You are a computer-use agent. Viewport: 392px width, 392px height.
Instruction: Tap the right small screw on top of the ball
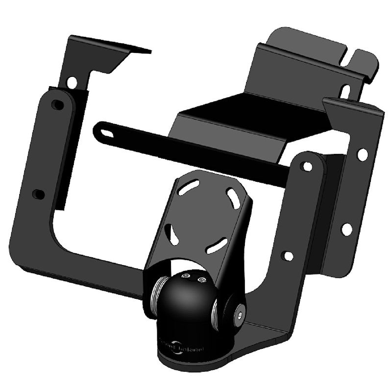pyautogui.click(x=200, y=279)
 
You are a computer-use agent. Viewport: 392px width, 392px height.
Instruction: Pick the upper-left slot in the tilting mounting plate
pyautogui.click(x=189, y=187)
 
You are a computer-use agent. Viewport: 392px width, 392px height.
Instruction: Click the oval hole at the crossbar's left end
pyautogui.click(x=103, y=132)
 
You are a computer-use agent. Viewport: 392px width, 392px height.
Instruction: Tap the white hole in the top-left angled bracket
pyautogui.click(x=72, y=82)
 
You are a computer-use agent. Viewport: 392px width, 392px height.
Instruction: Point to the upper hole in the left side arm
pyautogui.click(x=57, y=104)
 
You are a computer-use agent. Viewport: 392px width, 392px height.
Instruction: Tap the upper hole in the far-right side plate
pyautogui.click(x=362, y=154)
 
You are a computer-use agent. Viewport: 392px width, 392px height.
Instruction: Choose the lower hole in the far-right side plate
pyautogui.click(x=346, y=229)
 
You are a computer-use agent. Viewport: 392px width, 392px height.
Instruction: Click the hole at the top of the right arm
pyautogui.click(x=307, y=166)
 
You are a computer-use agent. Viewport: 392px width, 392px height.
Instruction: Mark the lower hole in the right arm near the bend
pyautogui.click(x=288, y=256)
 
